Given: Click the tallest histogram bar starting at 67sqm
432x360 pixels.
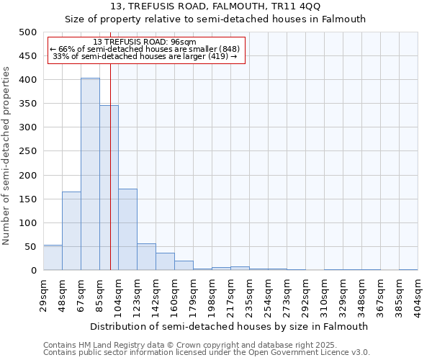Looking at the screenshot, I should tap(90, 174).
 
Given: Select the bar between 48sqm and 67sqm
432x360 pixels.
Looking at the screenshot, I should tap(71, 231).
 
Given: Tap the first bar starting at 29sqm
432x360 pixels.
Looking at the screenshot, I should tap(53, 258).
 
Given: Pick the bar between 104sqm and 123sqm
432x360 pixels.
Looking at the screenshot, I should tap(127, 230).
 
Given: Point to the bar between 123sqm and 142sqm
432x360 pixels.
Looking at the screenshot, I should tap(146, 257).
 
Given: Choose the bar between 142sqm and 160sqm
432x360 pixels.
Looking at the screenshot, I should tap(165, 262).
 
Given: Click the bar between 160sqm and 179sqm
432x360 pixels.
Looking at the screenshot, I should tap(184, 266).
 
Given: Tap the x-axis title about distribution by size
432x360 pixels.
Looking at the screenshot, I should tap(230, 326).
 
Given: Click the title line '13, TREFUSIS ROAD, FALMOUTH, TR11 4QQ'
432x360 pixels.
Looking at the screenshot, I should tap(216, 6).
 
